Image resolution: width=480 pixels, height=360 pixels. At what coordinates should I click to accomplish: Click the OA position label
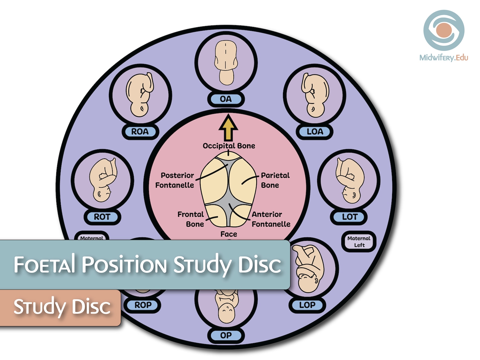point(226,99)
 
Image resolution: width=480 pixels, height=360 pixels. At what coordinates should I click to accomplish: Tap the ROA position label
point(140,132)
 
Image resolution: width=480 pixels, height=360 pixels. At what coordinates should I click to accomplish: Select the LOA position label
point(315,132)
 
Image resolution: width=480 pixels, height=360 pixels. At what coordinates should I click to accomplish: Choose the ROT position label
point(102,217)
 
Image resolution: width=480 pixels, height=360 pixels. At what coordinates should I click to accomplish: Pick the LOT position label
point(349,217)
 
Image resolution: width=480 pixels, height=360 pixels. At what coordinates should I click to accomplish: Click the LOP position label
point(307,305)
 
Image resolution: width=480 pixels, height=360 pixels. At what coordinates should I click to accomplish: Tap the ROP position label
point(143,305)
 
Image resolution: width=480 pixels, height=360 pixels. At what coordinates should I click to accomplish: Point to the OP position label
point(226,336)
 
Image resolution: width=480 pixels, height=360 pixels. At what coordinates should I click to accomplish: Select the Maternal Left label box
point(359,242)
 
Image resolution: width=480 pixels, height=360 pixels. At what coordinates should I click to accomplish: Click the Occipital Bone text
point(229,146)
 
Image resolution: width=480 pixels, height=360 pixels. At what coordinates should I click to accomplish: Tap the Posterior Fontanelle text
point(175,180)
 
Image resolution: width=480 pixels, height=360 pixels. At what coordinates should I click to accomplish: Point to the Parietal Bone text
point(275,180)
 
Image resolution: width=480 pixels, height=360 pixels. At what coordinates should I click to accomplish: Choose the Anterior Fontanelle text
point(271,219)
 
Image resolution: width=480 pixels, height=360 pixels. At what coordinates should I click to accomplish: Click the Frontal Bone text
point(191,219)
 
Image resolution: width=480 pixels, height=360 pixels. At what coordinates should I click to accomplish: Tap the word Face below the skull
point(229,234)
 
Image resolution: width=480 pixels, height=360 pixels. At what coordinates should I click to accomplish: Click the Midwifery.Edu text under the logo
point(443,57)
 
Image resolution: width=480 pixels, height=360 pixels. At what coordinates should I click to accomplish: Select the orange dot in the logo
point(444,30)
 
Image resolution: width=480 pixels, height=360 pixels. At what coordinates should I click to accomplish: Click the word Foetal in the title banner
point(44,264)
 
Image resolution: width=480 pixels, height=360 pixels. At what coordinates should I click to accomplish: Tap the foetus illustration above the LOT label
point(349,181)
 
